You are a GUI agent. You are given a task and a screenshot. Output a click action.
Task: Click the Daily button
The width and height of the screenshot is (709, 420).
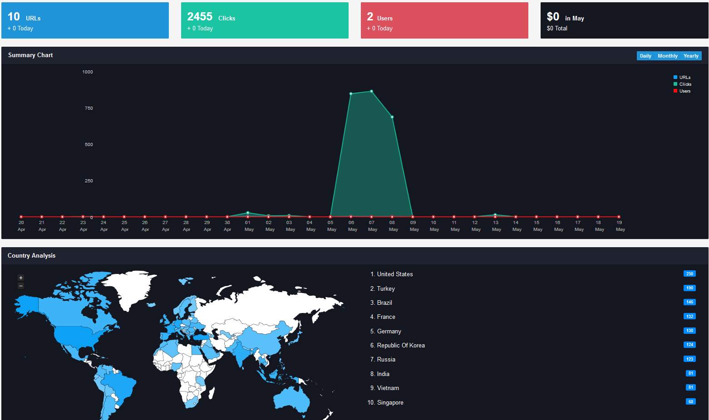(645, 56)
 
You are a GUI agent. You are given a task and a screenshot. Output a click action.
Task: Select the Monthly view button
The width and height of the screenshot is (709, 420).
(668, 56)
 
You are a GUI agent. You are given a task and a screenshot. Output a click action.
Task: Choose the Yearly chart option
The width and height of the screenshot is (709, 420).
(691, 56)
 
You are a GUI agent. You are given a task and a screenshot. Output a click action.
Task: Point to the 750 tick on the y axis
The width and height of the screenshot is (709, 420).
(89, 108)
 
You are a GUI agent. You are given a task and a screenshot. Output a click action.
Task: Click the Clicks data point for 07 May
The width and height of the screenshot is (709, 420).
(372, 92)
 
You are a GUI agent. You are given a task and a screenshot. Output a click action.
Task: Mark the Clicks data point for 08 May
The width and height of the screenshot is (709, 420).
(392, 117)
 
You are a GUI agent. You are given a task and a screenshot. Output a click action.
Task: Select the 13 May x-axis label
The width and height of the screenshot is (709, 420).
(496, 226)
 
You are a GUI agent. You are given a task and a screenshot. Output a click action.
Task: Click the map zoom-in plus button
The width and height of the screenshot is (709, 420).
(21, 278)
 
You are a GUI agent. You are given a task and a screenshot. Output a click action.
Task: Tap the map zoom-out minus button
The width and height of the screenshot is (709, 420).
(21, 286)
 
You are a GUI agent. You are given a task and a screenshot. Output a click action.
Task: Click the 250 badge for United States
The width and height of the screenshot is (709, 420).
(689, 274)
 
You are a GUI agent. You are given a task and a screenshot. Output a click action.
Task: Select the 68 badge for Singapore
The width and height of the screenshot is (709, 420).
(691, 402)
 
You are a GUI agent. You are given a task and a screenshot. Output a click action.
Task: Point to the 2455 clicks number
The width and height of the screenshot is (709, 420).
(200, 16)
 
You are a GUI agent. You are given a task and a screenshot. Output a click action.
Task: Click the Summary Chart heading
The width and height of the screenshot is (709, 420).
(30, 55)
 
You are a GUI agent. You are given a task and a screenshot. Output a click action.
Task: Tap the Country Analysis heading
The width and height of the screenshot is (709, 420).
(31, 255)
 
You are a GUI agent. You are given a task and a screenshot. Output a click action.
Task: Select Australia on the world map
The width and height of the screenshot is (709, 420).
(291, 399)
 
